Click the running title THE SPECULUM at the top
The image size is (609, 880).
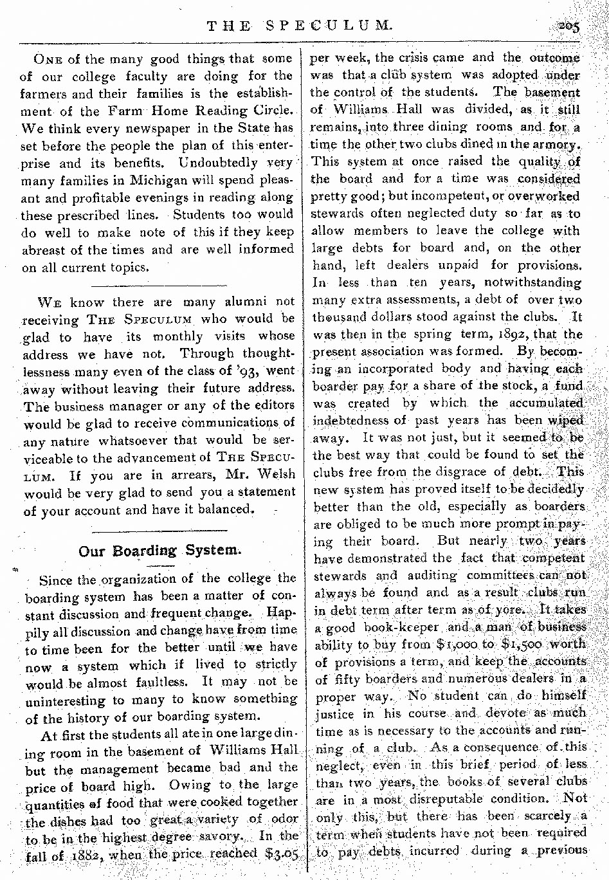pyautogui.click(x=299, y=26)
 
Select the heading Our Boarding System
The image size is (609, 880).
pyautogui.click(x=160, y=551)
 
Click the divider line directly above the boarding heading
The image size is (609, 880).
pyautogui.click(x=160, y=531)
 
